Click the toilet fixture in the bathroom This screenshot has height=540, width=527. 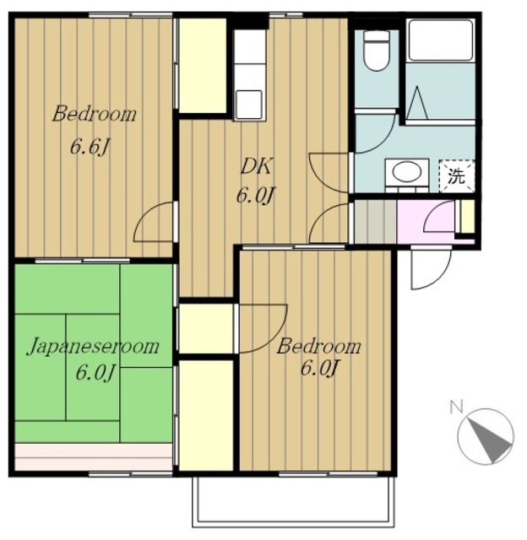(x=377, y=51)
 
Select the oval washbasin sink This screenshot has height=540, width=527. (x=407, y=171)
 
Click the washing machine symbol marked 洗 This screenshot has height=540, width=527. (x=457, y=176)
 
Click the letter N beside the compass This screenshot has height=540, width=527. (x=456, y=407)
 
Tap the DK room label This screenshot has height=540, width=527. (x=257, y=166)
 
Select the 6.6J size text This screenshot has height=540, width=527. (x=90, y=148)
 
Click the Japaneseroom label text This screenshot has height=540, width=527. (x=93, y=347)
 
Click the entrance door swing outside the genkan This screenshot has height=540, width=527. (x=432, y=268)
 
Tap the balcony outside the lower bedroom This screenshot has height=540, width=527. (x=293, y=505)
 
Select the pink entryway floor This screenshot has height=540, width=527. (x=426, y=222)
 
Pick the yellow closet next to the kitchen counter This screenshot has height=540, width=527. (x=203, y=65)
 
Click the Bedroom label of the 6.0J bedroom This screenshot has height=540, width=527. (x=319, y=347)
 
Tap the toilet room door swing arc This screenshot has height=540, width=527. (x=375, y=133)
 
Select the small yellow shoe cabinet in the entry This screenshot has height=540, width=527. (x=468, y=216)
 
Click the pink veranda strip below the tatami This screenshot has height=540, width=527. (x=94, y=456)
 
